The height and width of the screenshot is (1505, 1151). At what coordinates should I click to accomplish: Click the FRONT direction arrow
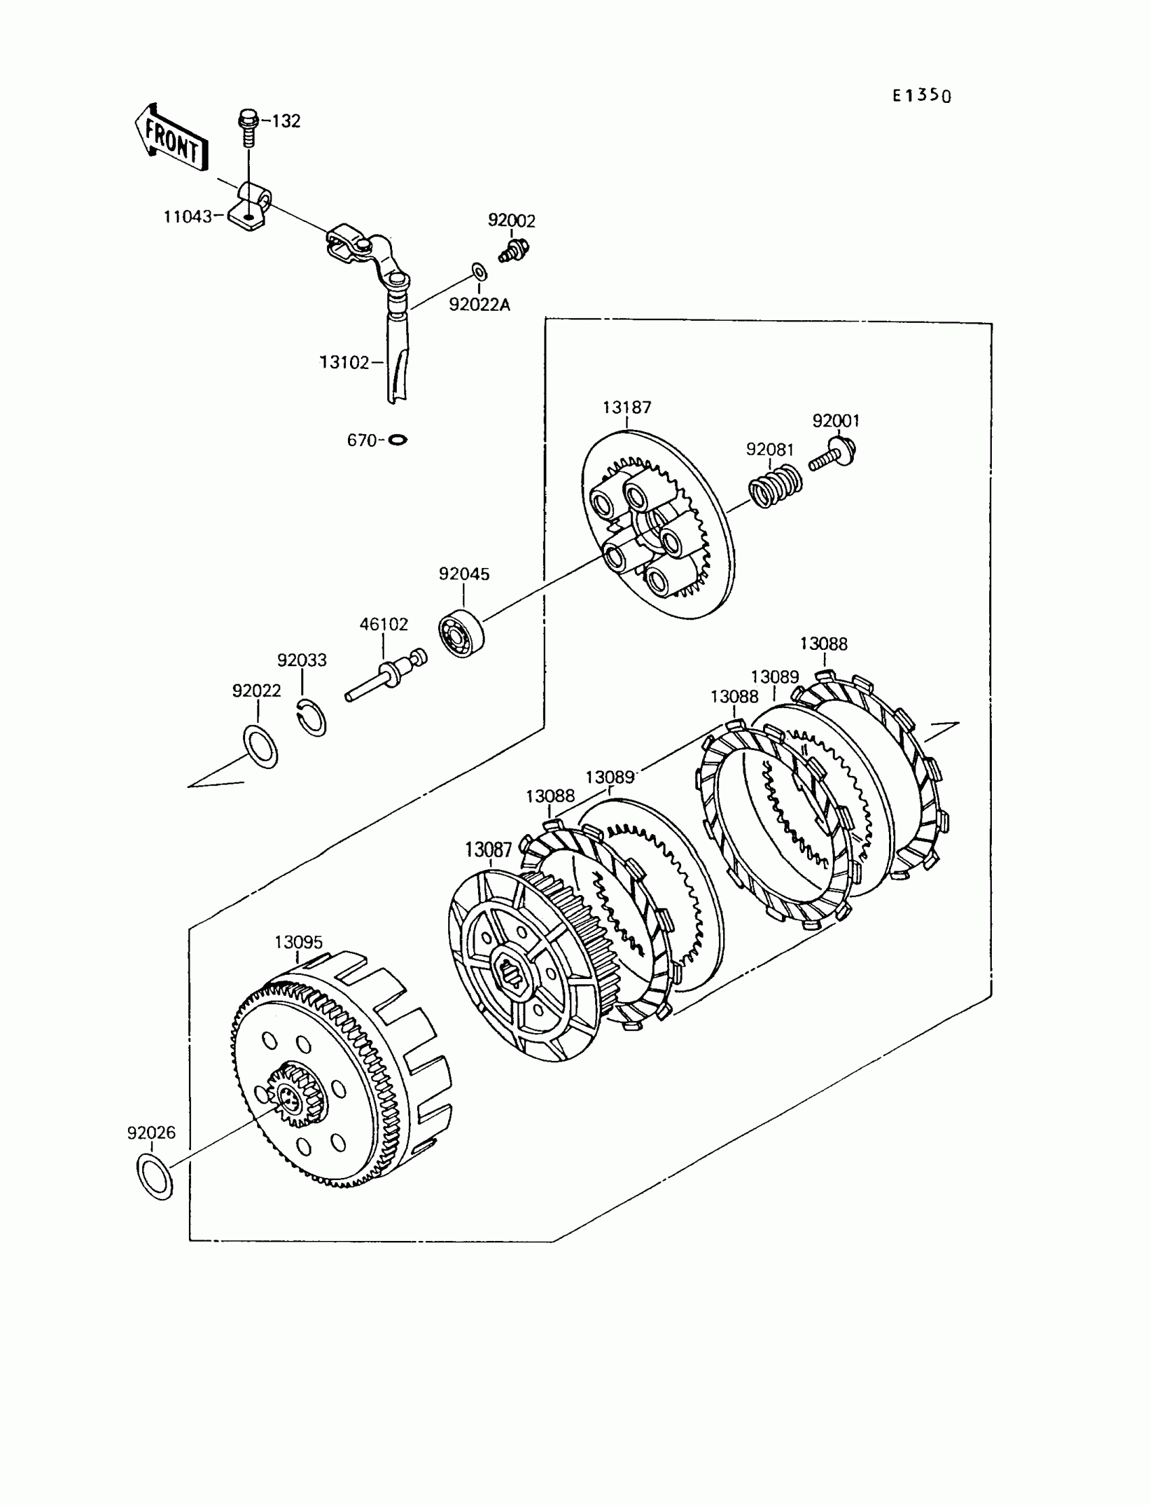[x=170, y=139]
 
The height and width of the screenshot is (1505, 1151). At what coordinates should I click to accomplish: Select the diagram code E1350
[x=921, y=95]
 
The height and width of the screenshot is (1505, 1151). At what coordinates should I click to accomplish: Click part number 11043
[x=187, y=217]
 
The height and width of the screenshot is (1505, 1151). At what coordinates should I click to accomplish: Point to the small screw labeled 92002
[x=513, y=250]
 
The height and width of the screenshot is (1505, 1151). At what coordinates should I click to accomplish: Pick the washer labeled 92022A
[x=479, y=272]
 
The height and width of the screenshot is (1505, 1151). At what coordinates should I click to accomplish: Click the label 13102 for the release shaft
[x=344, y=362]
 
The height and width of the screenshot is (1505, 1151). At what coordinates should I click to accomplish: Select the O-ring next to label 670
[x=397, y=440]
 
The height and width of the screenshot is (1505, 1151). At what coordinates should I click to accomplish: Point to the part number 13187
[x=626, y=408]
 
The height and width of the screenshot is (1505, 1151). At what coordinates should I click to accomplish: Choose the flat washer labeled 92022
[x=261, y=746]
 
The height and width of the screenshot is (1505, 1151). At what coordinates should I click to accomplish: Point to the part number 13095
[x=298, y=942]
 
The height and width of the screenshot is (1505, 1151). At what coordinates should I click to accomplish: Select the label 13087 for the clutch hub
[x=487, y=850]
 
